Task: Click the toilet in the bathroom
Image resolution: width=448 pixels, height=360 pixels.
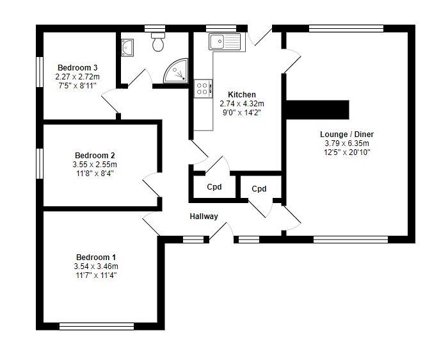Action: coord(158,42)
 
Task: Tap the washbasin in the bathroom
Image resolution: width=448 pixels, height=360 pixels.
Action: coord(127,47)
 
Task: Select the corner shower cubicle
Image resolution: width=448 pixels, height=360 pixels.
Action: coord(176,71)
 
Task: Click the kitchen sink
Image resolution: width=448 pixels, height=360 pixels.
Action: coord(227,42)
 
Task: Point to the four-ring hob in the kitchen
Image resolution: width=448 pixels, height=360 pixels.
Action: coord(203,88)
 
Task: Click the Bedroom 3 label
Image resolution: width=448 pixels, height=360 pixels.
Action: coord(77,68)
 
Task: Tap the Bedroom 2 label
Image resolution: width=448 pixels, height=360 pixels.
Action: coord(95,156)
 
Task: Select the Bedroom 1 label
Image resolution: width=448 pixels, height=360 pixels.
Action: coord(96,257)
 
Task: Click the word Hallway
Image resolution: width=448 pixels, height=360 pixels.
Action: coord(204,217)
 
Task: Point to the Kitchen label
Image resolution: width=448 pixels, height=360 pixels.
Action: coord(242,95)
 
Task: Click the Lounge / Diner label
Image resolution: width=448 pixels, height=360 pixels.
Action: coord(347,135)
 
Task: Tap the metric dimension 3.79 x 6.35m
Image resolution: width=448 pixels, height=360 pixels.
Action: coord(347,143)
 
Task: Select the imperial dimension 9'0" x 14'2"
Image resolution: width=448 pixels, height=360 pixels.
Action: coord(242,113)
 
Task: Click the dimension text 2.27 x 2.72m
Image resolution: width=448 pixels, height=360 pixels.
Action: coord(77,77)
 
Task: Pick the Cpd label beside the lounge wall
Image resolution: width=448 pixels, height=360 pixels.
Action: coord(259,189)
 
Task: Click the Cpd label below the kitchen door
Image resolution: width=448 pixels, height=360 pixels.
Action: coord(214,187)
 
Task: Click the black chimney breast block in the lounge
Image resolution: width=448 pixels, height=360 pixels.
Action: coord(317,110)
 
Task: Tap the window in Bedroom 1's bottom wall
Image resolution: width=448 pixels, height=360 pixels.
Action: coord(97,326)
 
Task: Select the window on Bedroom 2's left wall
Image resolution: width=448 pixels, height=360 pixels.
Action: coord(40,163)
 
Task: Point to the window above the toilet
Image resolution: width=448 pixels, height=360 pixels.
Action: coord(155,28)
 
